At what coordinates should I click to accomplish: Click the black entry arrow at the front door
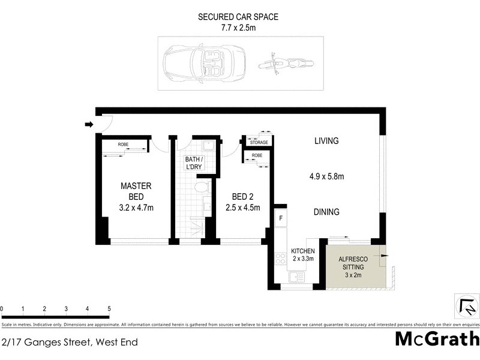89,125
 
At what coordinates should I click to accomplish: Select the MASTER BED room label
136,191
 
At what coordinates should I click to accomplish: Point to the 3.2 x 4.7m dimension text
136,208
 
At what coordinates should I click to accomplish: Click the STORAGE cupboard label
259,142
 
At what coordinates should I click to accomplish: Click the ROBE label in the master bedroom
123,145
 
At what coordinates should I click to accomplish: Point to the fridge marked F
280,218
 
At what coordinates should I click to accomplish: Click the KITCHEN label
303,251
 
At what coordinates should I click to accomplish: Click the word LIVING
326,141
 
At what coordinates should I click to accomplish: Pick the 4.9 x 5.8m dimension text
326,176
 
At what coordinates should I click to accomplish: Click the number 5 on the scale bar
109,309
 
